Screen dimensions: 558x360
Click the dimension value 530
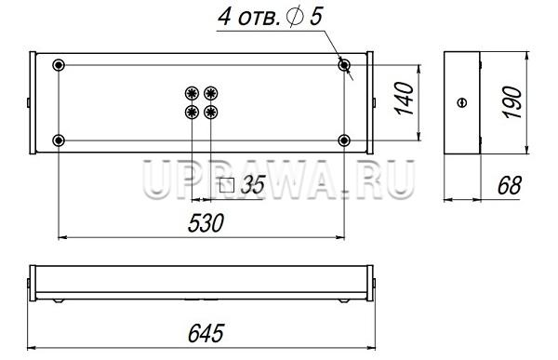click(206, 223)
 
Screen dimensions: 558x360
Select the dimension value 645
click(206, 333)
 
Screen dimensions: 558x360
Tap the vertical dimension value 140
click(405, 99)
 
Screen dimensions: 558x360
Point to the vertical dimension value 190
click(512, 101)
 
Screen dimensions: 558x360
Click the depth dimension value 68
click(510, 185)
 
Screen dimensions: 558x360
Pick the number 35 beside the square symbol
click(253, 184)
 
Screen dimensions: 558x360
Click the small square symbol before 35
click(227, 185)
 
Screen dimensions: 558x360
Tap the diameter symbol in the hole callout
click(296, 17)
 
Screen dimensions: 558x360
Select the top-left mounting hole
click(59, 65)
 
